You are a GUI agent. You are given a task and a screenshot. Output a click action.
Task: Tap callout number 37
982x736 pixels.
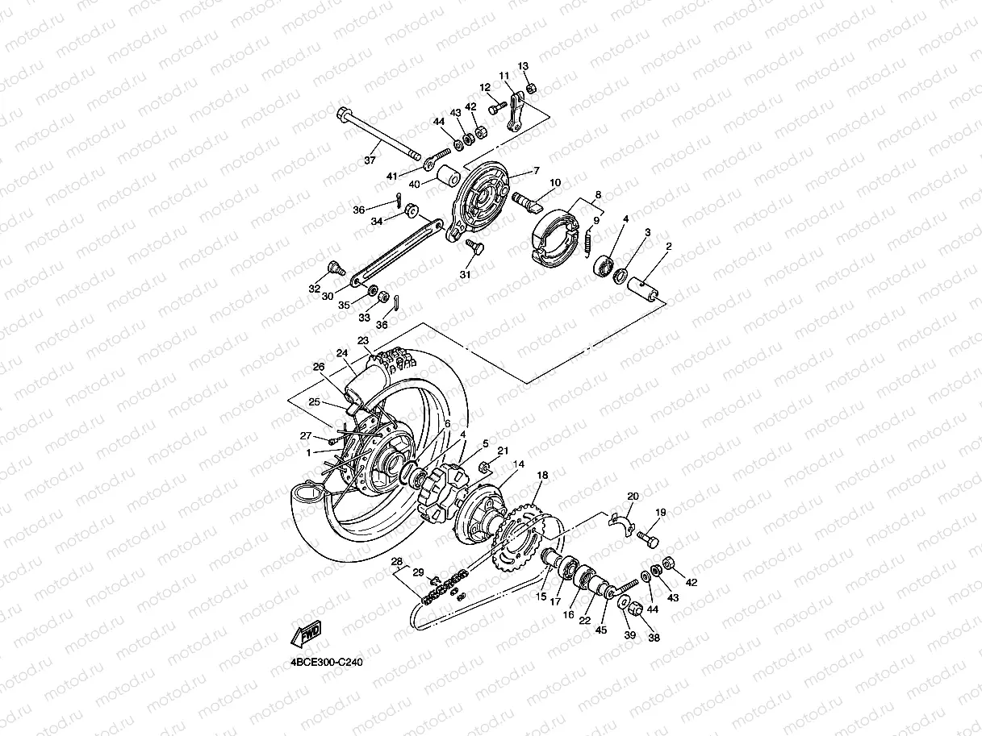[x=370, y=161]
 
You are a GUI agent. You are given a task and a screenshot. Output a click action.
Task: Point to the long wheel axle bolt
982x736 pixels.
[x=379, y=133]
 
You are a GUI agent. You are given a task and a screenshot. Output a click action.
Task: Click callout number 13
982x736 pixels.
[x=523, y=66]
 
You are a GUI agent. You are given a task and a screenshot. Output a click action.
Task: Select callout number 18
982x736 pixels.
[x=542, y=476]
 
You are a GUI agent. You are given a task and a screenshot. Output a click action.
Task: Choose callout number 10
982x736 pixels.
[x=554, y=184]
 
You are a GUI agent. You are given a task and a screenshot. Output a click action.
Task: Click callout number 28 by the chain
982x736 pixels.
[x=396, y=561]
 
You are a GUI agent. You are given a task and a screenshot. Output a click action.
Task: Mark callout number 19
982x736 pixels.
[x=660, y=513]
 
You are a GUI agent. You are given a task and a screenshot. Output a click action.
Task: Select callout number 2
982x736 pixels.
[x=669, y=247]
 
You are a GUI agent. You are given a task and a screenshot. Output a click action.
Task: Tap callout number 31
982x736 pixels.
[x=465, y=274]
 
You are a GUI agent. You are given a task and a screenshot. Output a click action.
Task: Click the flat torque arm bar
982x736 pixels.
[x=395, y=254]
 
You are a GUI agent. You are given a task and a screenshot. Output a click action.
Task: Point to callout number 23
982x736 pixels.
[x=363, y=340]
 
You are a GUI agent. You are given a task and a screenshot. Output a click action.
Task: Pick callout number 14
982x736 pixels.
[x=518, y=464]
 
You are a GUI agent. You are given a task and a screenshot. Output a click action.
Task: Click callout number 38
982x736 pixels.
[x=654, y=637]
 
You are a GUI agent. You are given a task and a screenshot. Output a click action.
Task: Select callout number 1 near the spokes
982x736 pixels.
[x=308, y=452]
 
